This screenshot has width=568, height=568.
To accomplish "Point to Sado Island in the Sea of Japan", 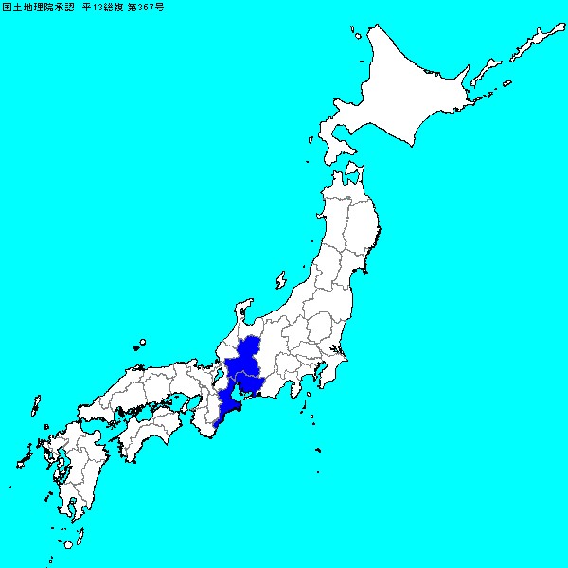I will (281, 280).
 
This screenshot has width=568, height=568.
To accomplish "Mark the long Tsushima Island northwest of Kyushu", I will (36, 408).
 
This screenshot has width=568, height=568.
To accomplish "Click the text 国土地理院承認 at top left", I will (38, 7).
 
